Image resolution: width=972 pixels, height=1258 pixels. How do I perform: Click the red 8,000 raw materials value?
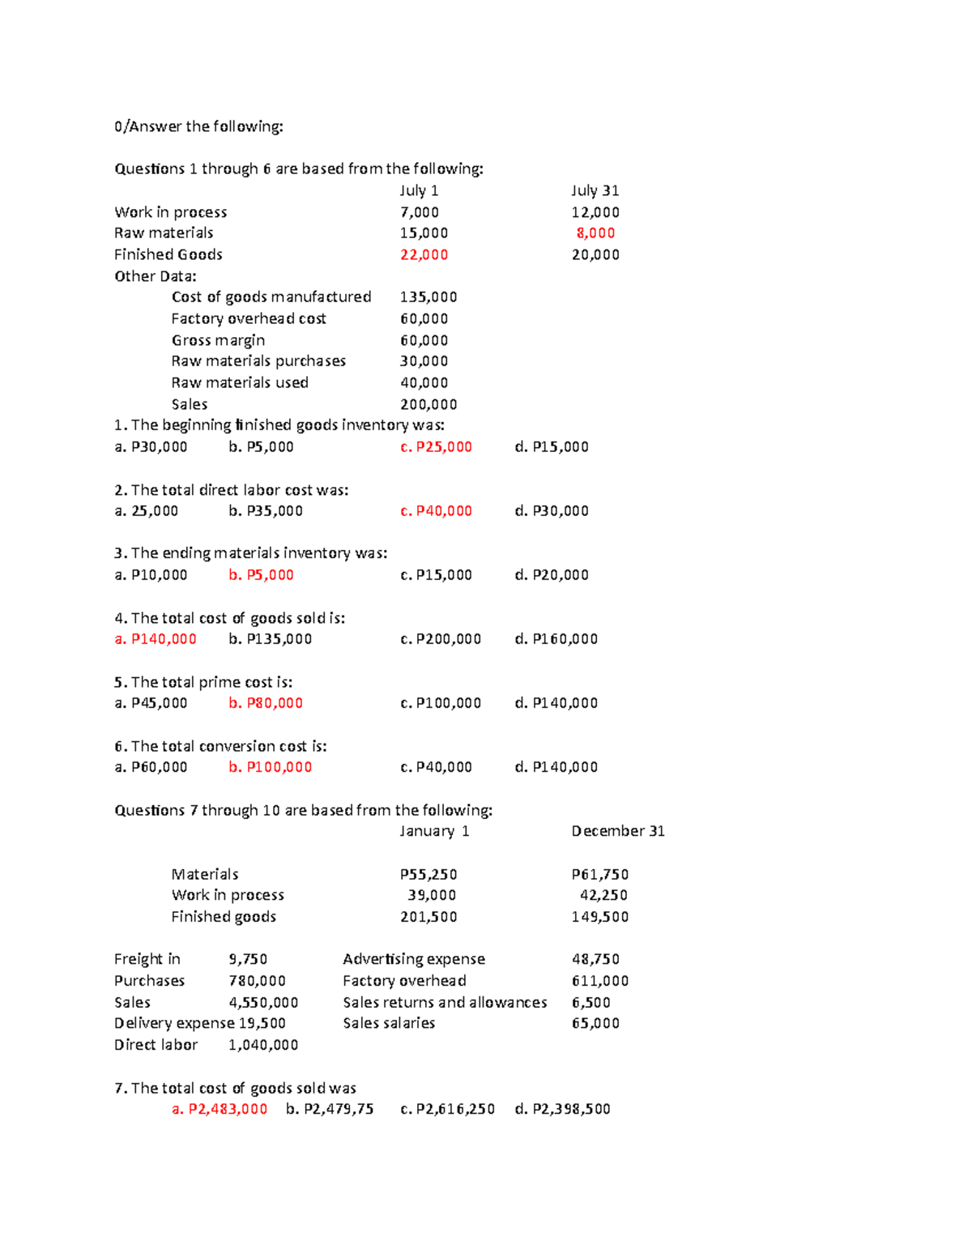[x=595, y=233]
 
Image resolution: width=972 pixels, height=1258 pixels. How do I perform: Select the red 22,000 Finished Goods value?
[x=424, y=254]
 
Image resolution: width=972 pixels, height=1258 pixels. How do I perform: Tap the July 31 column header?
[x=595, y=190]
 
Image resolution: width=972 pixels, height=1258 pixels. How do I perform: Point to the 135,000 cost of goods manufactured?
[x=428, y=297]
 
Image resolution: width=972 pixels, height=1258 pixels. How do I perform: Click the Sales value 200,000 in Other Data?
[x=428, y=404]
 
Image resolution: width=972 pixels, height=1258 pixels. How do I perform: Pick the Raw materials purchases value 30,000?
[x=424, y=361]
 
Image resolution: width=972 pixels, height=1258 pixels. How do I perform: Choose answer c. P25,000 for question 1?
[x=436, y=447]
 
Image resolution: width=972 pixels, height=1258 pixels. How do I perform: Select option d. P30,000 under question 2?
[x=552, y=511]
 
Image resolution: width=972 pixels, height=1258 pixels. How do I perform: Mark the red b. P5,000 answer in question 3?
[x=261, y=575]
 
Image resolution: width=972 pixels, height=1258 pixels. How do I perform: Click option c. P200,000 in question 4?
[x=441, y=639]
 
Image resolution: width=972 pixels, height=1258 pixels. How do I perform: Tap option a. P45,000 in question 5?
[x=151, y=703]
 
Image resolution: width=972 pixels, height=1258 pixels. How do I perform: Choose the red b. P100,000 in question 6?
[x=270, y=767]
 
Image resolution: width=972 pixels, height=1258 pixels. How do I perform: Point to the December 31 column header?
[x=618, y=831]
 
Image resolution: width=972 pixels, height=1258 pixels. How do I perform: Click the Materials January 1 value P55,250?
[x=428, y=875]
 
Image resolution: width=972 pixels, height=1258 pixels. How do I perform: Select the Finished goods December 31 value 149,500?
[x=600, y=917]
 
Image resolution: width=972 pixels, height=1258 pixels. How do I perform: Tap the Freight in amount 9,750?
[x=248, y=959]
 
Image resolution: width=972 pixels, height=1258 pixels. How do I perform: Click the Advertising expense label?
[x=414, y=959]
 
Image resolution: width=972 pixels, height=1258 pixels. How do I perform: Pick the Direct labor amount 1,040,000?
[x=263, y=1045]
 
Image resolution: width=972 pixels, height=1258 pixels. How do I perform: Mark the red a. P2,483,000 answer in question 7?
[x=220, y=1109]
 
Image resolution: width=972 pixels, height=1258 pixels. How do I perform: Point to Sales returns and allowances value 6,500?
[x=591, y=1003]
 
